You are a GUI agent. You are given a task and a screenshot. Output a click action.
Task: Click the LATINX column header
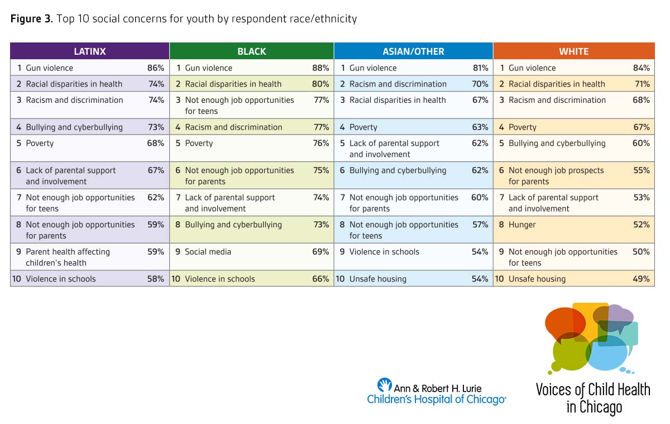(x=89, y=51)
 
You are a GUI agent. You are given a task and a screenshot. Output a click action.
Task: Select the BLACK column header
(x=251, y=51)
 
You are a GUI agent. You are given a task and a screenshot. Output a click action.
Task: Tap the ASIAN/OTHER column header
(x=413, y=51)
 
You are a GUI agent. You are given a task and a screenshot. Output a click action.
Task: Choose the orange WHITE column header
(x=573, y=51)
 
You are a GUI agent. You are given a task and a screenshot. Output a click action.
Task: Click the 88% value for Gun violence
(x=320, y=68)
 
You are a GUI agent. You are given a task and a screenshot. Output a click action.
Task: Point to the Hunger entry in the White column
(x=521, y=225)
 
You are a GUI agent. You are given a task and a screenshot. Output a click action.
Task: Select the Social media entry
(x=208, y=252)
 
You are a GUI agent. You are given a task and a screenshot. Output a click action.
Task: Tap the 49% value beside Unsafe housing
(x=641, y=279)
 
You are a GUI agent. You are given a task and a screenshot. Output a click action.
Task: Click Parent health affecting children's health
(x=68, y=257)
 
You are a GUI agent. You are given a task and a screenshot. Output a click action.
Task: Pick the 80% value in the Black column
(x=320, y=84)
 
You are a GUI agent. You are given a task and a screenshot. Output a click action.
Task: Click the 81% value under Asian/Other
(x=480, y=68)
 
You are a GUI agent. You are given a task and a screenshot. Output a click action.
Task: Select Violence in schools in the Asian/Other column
(x=384, y=252)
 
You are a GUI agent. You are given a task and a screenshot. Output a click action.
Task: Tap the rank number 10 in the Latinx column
(x=17, y=279)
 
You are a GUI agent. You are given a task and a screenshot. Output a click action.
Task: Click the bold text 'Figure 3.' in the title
(x=31, y=19)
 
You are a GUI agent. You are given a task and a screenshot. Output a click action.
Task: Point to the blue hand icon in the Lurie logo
(x=384, y=385)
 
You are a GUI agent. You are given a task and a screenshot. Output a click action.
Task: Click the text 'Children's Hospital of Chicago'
(x=435, y=399)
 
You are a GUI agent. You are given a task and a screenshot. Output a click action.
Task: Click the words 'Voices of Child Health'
(x=593, y=389)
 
